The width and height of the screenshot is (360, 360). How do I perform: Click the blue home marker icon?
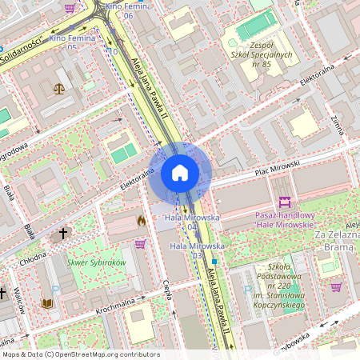pos(179,172)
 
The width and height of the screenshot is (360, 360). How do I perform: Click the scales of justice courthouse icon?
pos(58,88)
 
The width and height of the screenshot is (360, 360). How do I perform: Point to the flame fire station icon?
pos(142,220)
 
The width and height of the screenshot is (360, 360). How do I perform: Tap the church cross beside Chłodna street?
pos(63,234)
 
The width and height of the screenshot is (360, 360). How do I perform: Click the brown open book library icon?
pos(46,303)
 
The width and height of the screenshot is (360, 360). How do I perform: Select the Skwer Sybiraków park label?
pos(97,262)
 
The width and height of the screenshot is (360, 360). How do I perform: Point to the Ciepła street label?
pos(168,292)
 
